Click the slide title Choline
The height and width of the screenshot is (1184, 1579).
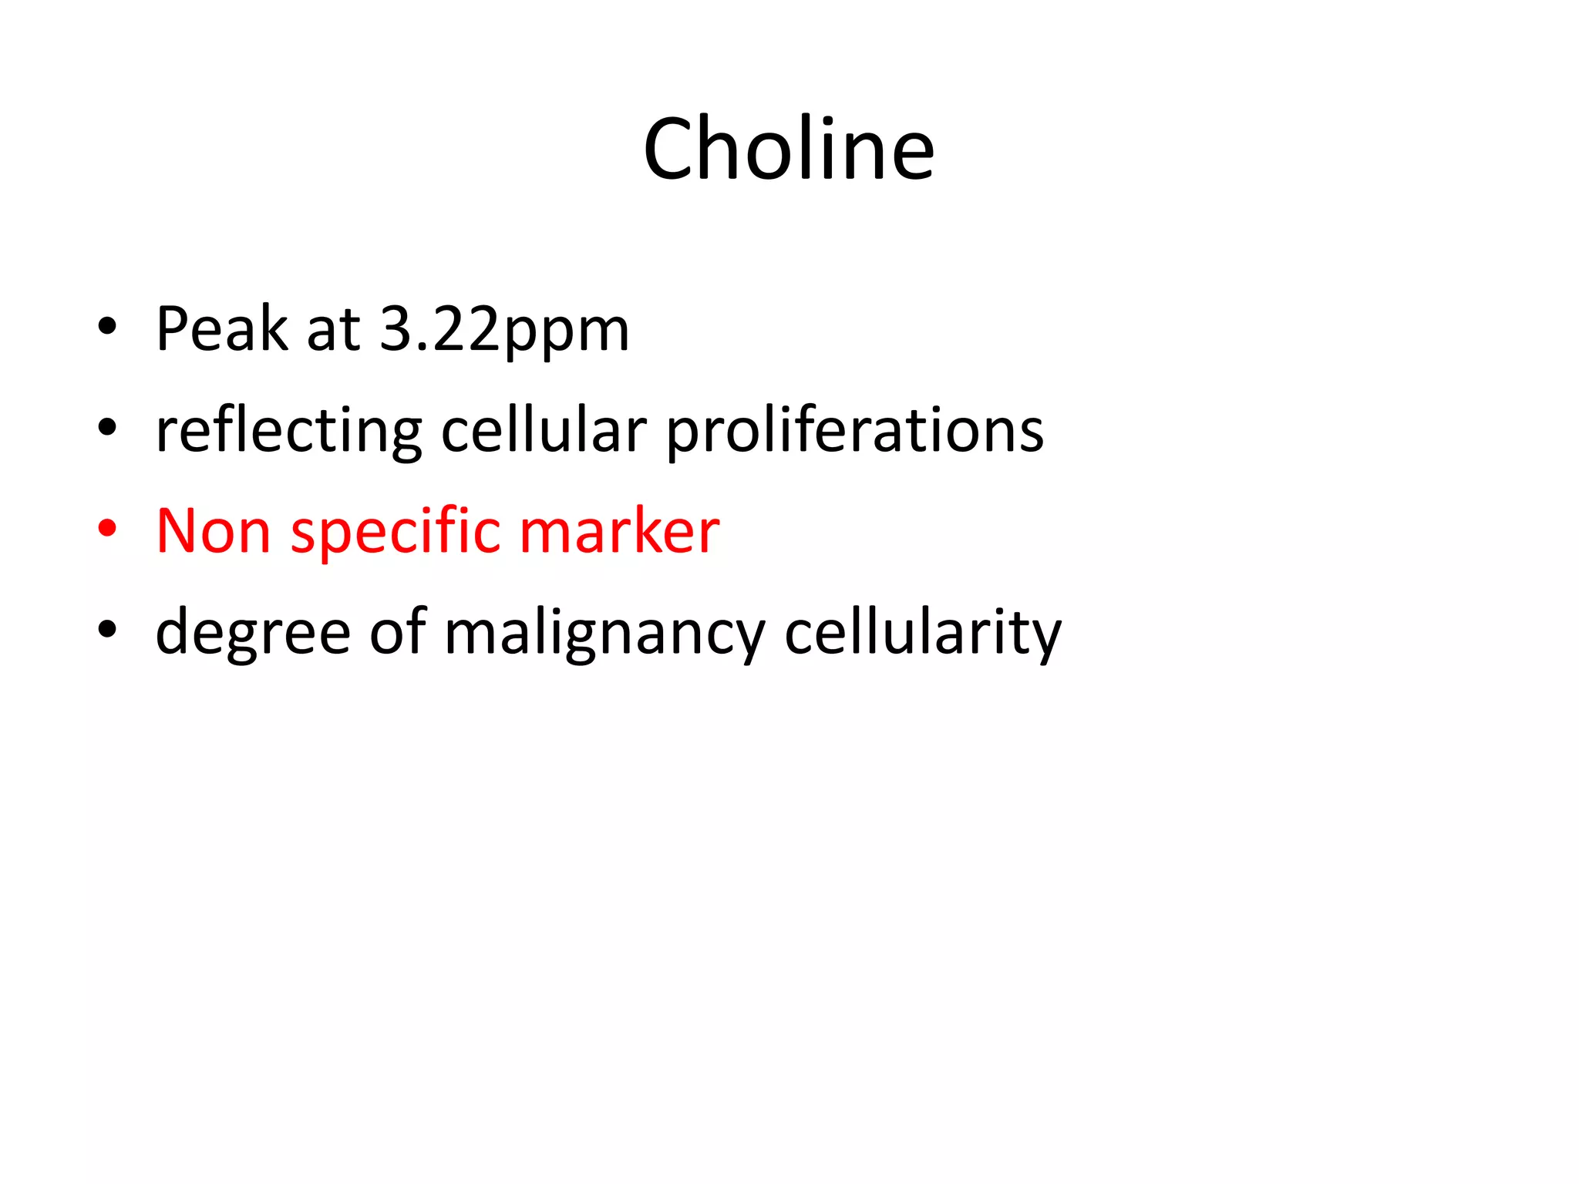coord(789,149)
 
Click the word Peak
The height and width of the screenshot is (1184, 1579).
coord(222,329)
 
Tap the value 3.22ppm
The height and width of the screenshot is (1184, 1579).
coord(505,329)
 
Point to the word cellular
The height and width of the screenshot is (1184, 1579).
coord(544,429)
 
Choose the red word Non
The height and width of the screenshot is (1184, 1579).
coord(214,531)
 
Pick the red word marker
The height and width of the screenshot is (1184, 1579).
coord(620,531)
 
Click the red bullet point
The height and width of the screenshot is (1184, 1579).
coord(107,530)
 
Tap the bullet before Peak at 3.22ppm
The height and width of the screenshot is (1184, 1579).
coord(107,327)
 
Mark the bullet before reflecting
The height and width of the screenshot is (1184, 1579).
coord(107,428)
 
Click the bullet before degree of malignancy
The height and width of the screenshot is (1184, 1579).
coord(107,631)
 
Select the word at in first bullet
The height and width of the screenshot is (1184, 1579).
coord(333,330)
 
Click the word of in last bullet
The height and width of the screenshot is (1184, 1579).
coord(398,631)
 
